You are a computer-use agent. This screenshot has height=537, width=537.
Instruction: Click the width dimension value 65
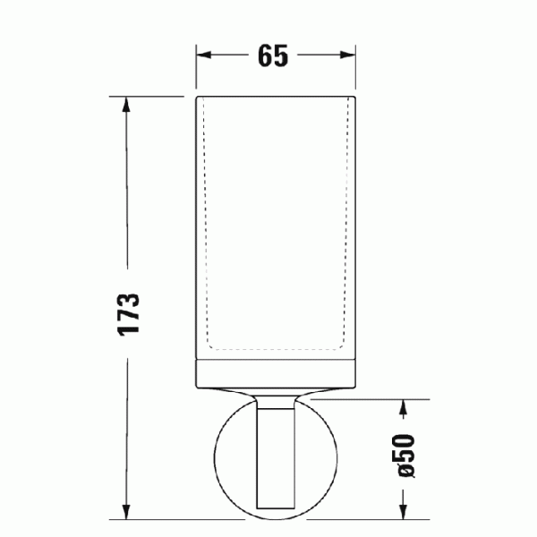273,55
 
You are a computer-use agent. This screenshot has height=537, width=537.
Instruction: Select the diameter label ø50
405,456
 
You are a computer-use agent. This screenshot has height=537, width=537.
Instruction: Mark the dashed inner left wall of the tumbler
207,224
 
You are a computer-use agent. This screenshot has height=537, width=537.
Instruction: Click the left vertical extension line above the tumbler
197,67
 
